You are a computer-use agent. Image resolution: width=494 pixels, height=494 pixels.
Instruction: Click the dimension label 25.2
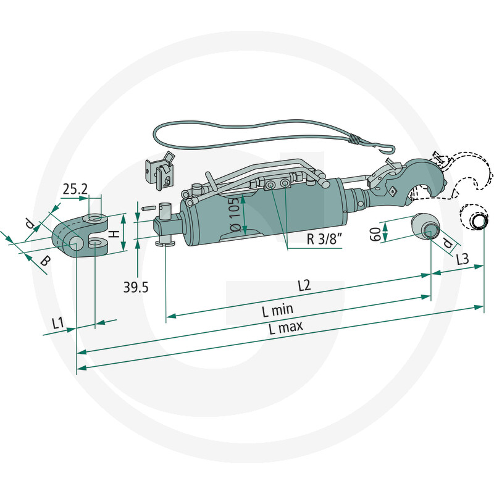coord(75,189)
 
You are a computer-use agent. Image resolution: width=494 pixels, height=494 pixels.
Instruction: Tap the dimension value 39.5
coord(136,287)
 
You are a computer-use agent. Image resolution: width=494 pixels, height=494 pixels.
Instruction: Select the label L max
coord(286,327)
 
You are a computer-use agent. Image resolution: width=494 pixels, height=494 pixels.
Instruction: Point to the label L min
coord(277,311)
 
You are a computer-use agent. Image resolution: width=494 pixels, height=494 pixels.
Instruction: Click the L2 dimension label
coord(304,285)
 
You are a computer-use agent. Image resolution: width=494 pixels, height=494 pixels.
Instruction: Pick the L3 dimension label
coord(463,259)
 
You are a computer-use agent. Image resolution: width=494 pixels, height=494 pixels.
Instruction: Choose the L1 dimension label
coord(58,323)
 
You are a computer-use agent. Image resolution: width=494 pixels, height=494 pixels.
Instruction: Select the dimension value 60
coord(375,234)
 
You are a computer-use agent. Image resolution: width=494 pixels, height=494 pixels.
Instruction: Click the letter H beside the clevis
coord(115,233)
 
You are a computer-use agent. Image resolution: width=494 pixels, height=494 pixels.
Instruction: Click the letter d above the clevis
coord(30,224)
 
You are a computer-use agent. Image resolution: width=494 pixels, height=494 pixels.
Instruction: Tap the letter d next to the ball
coord(447,243)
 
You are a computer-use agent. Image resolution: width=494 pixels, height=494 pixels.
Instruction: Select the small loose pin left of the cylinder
coord(148,208)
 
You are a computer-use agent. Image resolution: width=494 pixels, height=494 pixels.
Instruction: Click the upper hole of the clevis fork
coord(95,218)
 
